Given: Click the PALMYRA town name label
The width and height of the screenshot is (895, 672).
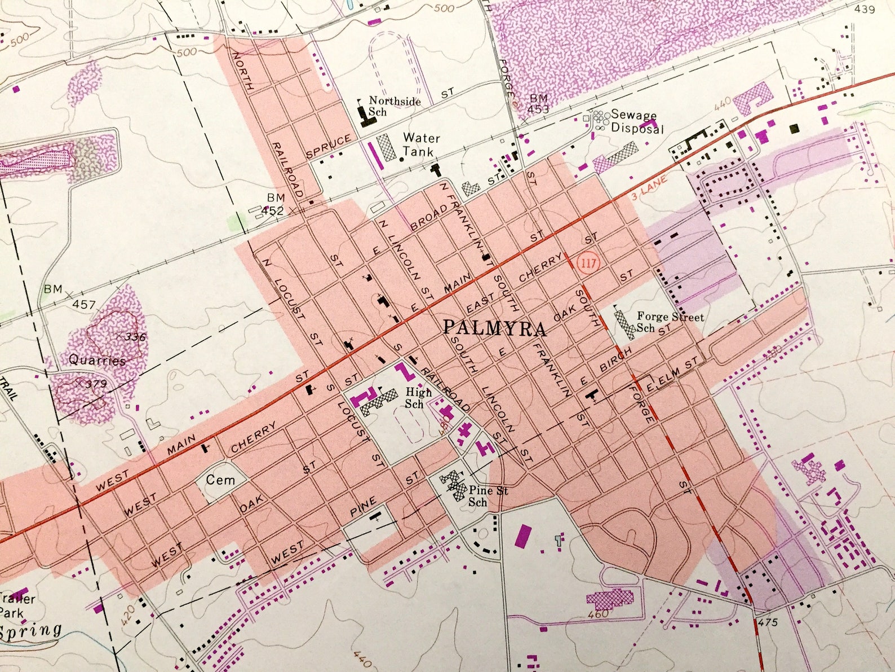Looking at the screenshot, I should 494,328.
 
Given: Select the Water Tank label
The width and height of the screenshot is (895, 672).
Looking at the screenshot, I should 420,144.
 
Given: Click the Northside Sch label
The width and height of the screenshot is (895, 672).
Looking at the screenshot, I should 394,106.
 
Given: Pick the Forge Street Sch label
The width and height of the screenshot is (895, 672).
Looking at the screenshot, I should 670,322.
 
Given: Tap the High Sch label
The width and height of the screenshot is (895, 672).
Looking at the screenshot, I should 418,398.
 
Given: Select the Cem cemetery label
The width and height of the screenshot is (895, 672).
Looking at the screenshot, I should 220,480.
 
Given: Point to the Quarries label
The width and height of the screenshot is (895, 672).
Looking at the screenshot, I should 97,360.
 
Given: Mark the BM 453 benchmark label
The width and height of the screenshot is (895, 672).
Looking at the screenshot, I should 538,104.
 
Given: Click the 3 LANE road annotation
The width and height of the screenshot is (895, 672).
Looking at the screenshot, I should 649,188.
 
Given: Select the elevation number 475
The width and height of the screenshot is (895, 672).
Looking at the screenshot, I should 768,622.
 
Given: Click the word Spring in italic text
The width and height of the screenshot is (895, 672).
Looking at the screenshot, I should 31,630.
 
